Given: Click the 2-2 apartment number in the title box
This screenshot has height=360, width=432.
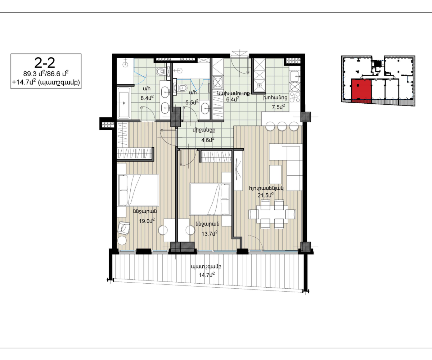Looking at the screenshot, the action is click(x=45, y=63).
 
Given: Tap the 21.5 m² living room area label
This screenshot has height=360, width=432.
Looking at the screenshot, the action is click(x=266, y=195).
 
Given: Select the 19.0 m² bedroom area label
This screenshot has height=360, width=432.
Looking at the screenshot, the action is click(x=147, y=221).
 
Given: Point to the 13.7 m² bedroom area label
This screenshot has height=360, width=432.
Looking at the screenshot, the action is click(x=210, y=234).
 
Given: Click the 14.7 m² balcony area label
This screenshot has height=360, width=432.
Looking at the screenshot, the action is click(x=207, y=275).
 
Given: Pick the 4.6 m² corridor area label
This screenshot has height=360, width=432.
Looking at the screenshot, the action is click(x=208, y=140).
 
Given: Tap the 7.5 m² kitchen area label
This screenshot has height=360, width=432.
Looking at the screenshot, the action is click(x=278, y=107).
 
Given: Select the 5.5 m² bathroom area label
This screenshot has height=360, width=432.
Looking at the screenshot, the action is click(x=192, y=102).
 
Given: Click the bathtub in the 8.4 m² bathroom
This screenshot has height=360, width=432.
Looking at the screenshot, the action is click(x=124, y=103).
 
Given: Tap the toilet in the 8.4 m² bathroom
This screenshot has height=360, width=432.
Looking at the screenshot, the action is click(x=161, y=72).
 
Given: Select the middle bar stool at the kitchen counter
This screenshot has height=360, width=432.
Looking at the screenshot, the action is click(x=282, y=126).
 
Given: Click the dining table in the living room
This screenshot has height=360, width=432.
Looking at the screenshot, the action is click(x=272, y=214).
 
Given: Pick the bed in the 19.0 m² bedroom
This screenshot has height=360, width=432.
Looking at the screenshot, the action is click(x=138, y=190).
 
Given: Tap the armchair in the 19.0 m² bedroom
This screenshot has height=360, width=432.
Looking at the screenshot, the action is click(x=124, y=228).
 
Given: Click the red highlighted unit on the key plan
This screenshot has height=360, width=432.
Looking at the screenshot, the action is click(x=361, y=91).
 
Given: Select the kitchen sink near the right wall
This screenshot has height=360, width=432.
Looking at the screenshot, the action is click(x=295, y=77).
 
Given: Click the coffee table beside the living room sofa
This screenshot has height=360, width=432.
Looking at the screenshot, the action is click(x=275, y=174).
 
